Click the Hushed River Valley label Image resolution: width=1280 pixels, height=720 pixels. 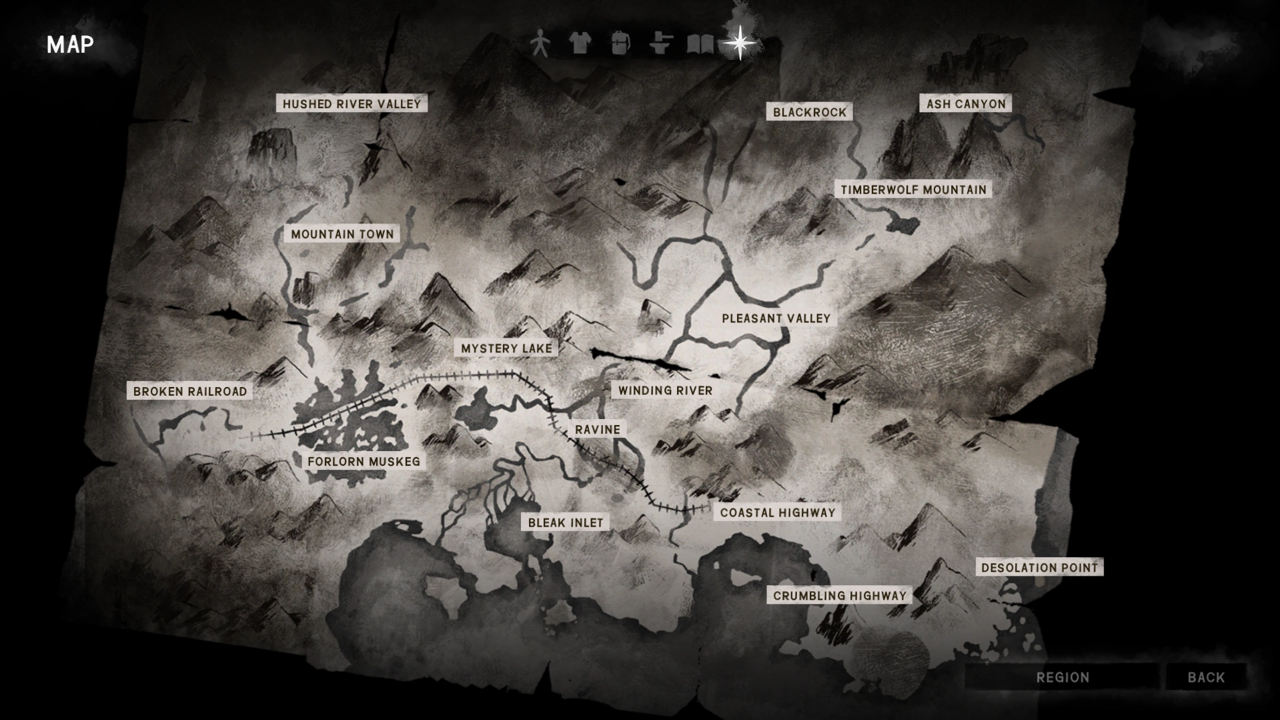pos(352,103)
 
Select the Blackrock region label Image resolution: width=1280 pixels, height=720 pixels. pos(809,112)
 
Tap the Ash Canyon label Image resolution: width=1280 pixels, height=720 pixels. pos(965,103)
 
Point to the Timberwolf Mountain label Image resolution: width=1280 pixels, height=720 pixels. pos(912,190)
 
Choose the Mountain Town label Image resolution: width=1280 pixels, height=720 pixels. pos(342,234)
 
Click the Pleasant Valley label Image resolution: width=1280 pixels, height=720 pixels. pos(776,318)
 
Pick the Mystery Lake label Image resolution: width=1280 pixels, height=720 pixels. pos(506,348)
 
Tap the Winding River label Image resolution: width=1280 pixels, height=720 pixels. pos(665,390)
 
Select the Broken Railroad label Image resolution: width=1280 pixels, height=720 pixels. pos(190,391)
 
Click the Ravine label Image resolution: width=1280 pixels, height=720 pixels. pos(598,429)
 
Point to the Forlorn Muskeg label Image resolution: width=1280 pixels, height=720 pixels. pos(364,461)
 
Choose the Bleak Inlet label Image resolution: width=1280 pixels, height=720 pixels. pos(565,522)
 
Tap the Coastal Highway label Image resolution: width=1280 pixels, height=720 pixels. pos(777,512)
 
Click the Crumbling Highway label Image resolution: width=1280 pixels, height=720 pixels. pos(839,595)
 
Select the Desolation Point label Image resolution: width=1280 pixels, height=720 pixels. pos(1039,567)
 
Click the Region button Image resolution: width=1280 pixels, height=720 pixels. pos(1063,677)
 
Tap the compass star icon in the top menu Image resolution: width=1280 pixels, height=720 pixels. pos(740,43)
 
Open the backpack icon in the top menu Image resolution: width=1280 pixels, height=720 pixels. pos(620,43)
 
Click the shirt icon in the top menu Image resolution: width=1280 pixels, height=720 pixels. pos(580,43)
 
